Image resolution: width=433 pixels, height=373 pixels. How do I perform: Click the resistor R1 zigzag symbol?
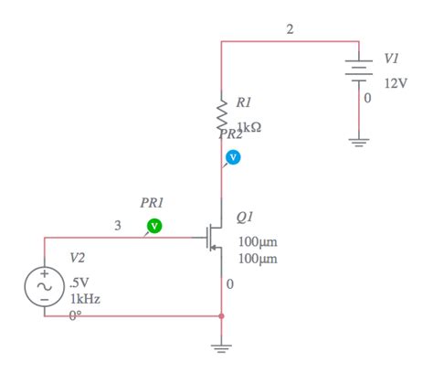coord(221,114)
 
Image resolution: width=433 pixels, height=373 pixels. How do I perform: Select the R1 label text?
coord(244,102)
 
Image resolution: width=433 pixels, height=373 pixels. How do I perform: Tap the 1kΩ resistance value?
coord(248,127)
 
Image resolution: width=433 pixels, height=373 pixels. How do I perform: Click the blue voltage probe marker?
coord(232,157)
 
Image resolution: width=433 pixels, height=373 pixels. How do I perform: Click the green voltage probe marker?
coord(154,224)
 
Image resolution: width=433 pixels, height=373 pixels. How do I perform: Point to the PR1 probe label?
coord(153,202)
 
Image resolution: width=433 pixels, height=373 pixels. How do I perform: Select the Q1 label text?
coord(245,218)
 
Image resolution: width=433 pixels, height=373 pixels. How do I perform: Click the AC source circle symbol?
coord(44,283)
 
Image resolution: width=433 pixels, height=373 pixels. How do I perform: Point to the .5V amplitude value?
coord(79,282)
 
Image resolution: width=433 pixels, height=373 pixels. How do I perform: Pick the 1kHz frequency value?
coord(84,299)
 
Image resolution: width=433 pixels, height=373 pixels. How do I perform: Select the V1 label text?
coord(391,59)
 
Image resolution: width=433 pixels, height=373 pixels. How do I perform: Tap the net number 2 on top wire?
coord(290,29)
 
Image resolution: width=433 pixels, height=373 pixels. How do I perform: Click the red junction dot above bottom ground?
coord(221,316)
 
